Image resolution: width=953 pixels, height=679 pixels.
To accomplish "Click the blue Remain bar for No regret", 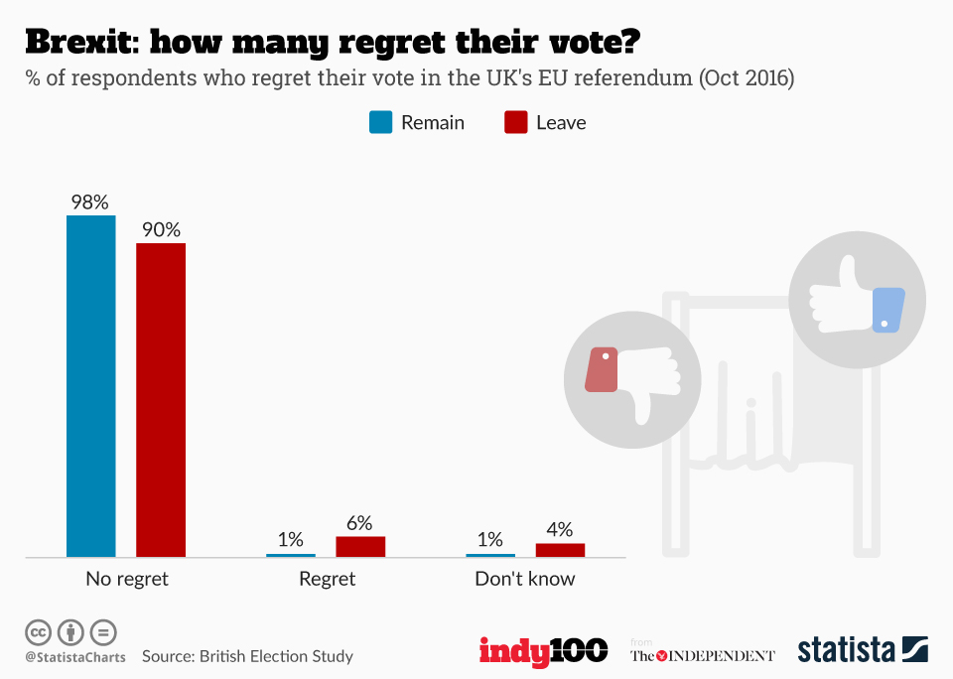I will point(90,386).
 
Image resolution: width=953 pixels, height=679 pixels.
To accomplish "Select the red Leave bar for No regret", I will point(161,400).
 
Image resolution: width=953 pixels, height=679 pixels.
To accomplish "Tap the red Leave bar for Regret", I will point(360,547).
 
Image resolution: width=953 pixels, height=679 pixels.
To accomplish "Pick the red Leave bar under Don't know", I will point(560,550).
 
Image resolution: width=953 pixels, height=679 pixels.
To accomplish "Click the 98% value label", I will point(89,202).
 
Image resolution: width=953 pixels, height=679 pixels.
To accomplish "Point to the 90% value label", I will point(161,229).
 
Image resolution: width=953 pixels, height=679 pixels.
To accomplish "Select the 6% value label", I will point(359,523).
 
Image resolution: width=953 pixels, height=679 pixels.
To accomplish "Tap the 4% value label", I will point(560,530).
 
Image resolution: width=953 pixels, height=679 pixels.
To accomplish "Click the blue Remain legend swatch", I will point(381,122).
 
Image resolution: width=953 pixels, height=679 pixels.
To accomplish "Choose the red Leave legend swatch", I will point(516,122).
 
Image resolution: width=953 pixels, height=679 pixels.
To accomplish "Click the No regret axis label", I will point(127,579).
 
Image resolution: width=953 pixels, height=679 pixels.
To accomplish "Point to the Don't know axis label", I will point(524,579).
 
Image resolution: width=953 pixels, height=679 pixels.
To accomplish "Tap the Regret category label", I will point(327,579).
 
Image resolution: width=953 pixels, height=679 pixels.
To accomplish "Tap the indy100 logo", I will point(543,651).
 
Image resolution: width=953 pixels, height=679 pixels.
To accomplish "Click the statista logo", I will point(862,650).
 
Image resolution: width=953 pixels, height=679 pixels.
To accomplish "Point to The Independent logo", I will point(703,655).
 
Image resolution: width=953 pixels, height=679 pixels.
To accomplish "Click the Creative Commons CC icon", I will point(38,631).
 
